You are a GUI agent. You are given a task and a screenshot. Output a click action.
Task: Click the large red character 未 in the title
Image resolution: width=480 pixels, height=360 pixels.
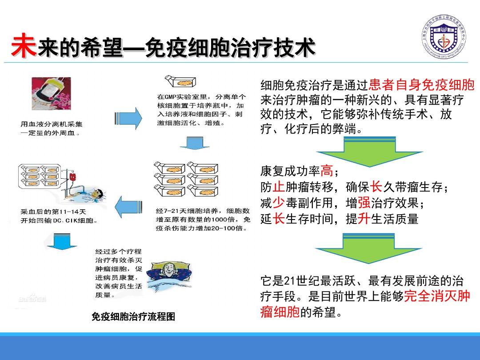[23, 45]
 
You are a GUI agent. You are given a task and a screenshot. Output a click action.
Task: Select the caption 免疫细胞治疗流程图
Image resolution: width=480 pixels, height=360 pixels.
[133, 317]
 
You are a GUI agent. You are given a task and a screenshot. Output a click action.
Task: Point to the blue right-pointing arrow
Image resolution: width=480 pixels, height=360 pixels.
[132, 118]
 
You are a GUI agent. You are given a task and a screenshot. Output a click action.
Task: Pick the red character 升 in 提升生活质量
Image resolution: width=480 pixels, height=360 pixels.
[364, 219]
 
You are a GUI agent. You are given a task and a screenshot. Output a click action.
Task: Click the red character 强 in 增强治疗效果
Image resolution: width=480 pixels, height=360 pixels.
[364, 203]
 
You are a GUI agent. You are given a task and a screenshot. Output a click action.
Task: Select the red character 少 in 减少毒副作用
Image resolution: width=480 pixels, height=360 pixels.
[279, 203]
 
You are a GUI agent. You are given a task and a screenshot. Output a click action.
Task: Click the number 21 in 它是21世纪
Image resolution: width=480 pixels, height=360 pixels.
[289, 281]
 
